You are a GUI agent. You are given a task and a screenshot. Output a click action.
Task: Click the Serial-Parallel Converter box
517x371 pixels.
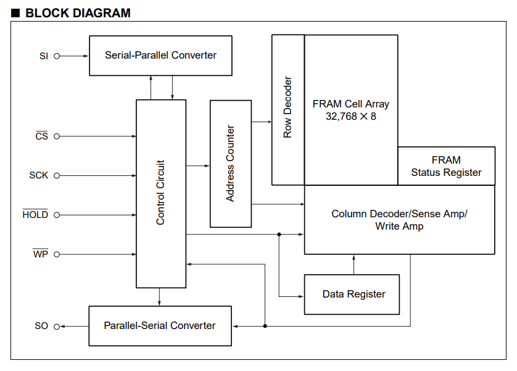(x=160, y=56)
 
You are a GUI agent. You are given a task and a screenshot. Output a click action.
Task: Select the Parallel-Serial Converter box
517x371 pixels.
(x=160, y=326)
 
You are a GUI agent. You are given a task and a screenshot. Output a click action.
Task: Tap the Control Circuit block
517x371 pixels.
(x=161, y=194)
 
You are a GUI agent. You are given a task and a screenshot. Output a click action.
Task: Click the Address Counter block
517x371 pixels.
(x=231, y=164)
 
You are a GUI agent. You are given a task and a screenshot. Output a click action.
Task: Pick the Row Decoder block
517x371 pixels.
(x=288, y=110)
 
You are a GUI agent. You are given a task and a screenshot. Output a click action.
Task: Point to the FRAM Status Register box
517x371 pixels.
(x=447, y=166)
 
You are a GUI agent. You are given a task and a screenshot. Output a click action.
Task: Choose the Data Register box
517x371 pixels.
(x=352, y=294)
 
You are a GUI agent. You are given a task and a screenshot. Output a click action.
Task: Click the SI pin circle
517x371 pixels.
(x=57, y=56)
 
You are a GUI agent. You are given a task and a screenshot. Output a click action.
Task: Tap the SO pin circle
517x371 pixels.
(x=57, y=327)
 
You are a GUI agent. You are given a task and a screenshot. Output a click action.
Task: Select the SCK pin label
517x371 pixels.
(x=39, y=175)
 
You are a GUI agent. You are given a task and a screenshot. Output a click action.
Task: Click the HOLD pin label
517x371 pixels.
(x=35, y=214)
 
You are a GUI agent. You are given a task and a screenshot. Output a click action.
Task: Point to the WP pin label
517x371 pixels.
(x=41, y=254)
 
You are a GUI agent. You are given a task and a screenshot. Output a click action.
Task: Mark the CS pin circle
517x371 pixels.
(x=57, y=136)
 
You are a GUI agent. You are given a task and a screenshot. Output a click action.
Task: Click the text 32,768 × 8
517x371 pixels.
(x=351, y=117)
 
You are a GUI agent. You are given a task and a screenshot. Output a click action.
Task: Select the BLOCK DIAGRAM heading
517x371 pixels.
(x=78, y=13)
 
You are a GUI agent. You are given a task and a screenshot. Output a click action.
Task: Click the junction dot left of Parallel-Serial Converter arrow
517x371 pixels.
(x=265, y=326)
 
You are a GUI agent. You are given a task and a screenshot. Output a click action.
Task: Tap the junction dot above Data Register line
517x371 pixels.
(x=279, y=235)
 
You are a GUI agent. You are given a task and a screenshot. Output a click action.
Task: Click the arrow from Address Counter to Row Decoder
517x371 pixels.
(x=262, y=122)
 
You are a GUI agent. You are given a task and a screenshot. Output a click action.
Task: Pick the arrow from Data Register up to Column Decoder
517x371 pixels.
(x=354, y=264)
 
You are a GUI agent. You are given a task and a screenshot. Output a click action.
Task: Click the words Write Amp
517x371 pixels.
(x=399, y=226)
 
